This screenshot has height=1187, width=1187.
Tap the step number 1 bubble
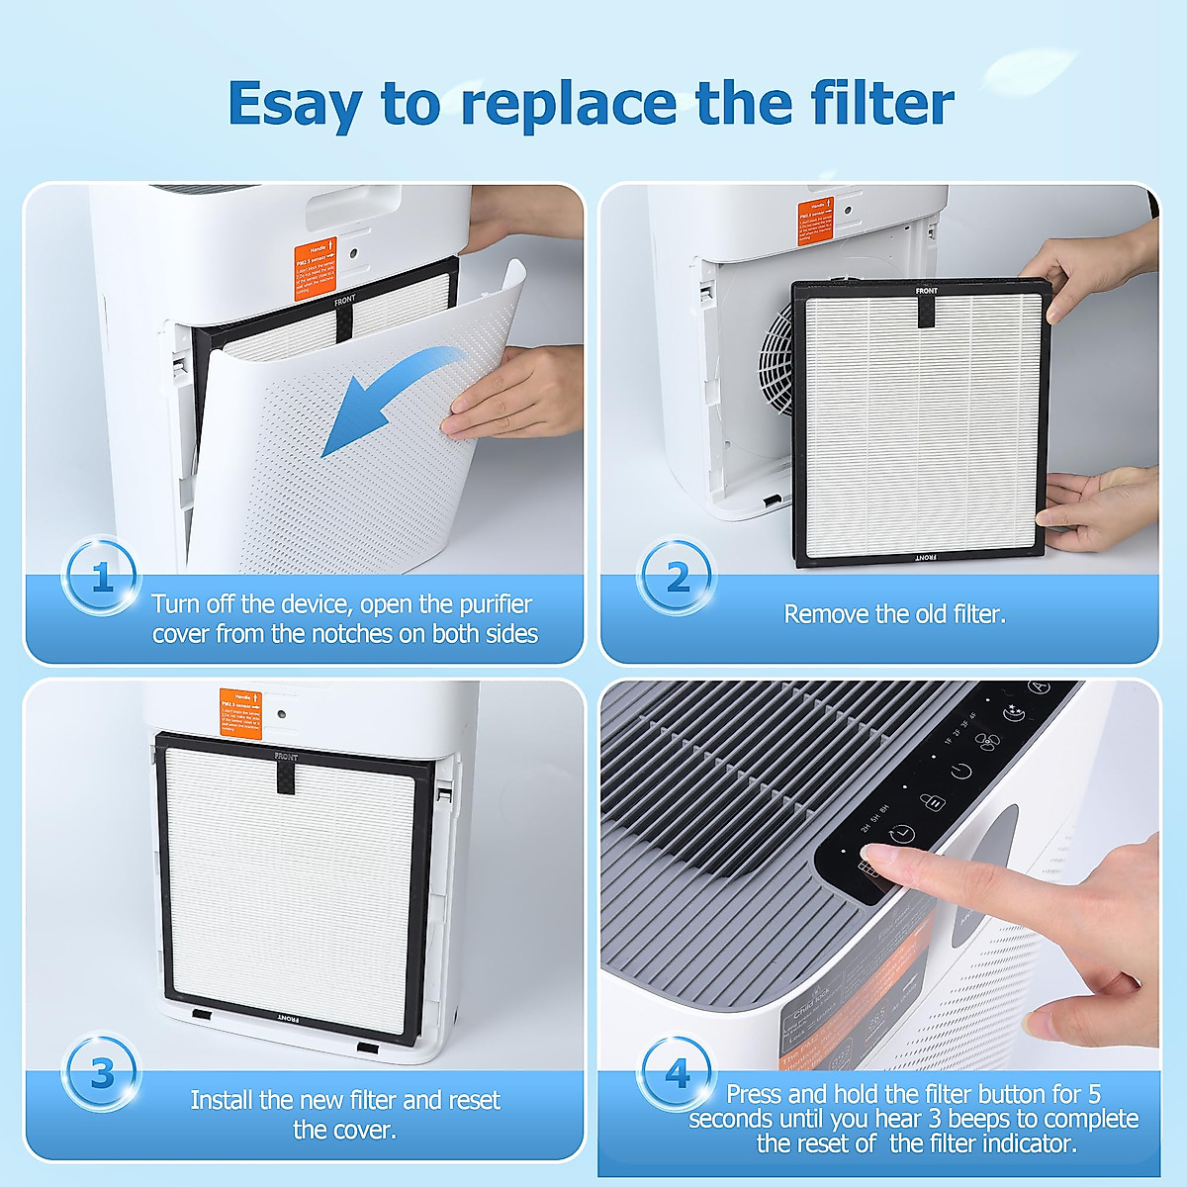(101, 577)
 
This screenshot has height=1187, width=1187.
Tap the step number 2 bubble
(678, 577)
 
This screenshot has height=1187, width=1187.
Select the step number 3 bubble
(101, 1073)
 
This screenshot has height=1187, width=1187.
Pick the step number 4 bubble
(678, 1073)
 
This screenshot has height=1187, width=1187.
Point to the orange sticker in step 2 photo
(816, 223)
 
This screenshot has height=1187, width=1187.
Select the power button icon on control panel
(960, 771)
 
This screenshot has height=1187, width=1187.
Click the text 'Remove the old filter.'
(894, 614)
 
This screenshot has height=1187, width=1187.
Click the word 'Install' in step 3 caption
(222, 1100)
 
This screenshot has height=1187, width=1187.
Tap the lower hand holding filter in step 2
(1098, 509)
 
